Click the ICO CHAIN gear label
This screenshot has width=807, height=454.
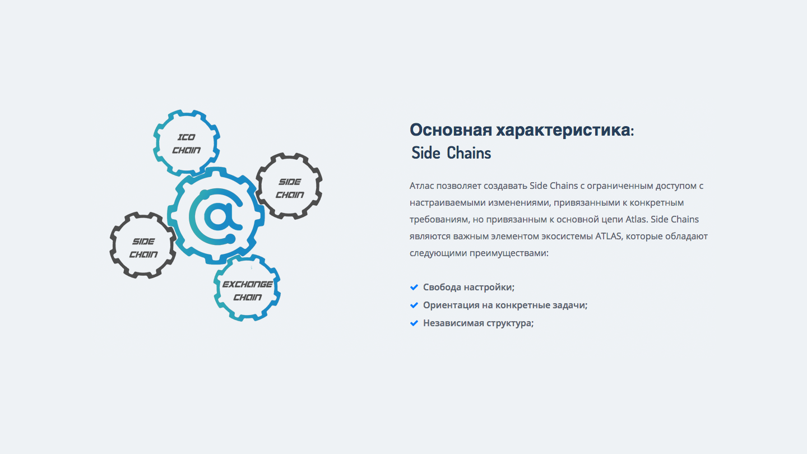pos(186,143)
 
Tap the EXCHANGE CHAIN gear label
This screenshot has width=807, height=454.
pos(248,290)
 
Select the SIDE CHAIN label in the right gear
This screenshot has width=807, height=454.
pos(290,188)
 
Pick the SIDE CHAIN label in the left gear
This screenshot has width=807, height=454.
pos(143,248)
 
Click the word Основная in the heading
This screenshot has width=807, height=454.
pos(451,129)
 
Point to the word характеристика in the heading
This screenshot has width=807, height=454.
pos(565,131)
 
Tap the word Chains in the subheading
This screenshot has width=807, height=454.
pos(469,153)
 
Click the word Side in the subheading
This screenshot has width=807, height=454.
pos(426,153)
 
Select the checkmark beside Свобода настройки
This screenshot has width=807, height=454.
pos(414,287)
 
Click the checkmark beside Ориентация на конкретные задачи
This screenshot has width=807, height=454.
pos(414,305)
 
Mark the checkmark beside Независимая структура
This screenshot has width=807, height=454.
pos(414,323)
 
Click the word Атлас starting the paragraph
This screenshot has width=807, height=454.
pos(421,186)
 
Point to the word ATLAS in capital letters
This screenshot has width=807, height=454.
pos(608,237)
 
